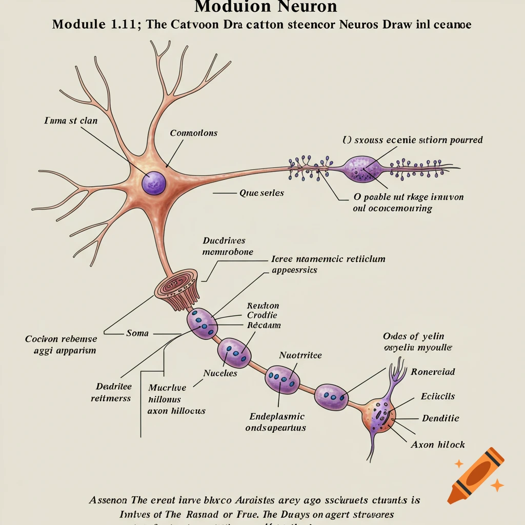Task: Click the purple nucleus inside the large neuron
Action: pyautogui.click(x=153, y=182)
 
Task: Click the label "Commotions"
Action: pyautogui.click(x=193, y=133)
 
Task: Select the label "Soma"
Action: pyautogui.click(x=137, y=333)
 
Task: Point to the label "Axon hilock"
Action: pyautogui.click(x=438, y=445)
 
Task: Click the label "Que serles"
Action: pyautogui.click(x=261, y=193)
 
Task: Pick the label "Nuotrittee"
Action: pyautogui.click(x=300, y=355)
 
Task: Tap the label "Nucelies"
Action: pyautogui.click(x=220, y=373)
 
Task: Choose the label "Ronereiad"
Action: pyautogui.click(x=433, y=372)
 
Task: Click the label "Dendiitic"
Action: pyautogui.click(x=440, y=418)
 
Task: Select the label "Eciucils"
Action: pyautogui.click(x=437, y=396)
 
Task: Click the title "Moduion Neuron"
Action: pyautogui.click(x=266, y=7)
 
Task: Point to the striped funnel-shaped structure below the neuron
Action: pyautogui.click(x=178, y=289)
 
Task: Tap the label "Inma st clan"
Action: pyautogui.click(x=71, y=121)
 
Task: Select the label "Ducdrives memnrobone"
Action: pyautogui.click(x=225, y=246)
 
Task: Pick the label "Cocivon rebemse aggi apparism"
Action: pyautogui.click(x=60, y=345)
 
